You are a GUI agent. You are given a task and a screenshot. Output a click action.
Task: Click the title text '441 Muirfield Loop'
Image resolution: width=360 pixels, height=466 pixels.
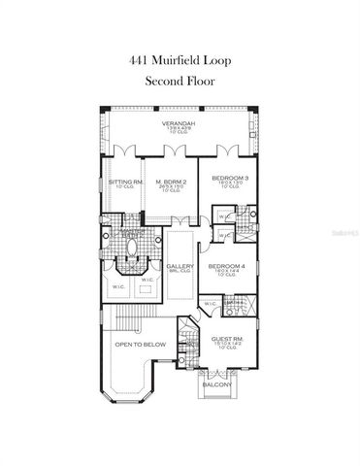(x=180, y=58)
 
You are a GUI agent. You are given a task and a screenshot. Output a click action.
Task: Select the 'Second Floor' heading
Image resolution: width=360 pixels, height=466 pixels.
(x=180, y=82)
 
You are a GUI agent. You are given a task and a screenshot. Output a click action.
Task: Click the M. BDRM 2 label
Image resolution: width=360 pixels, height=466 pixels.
(x=171, y=181)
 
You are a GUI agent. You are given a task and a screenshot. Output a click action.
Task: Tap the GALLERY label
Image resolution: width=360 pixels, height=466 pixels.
(x=180, y=267)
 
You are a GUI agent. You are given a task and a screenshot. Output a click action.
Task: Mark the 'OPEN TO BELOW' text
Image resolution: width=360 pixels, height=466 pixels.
(x=139, y=345)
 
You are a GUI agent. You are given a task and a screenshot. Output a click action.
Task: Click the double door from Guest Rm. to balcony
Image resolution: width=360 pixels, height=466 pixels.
(x=215, y=371)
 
